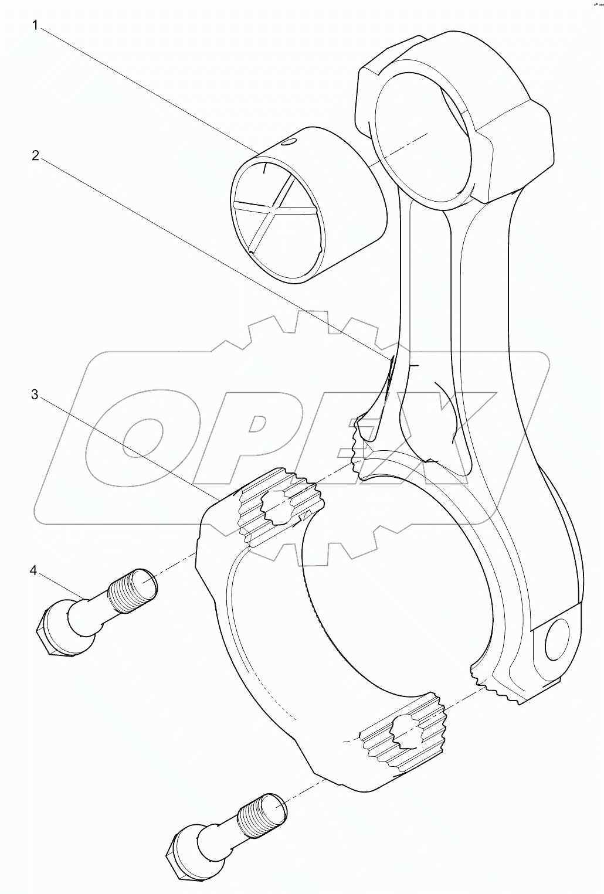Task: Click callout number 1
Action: pos(35,26)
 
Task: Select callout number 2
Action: pos(36,156)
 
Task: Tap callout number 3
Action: pos(35,395)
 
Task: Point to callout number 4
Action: pos(33,571)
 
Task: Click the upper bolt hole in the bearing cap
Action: pos(277,507)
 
